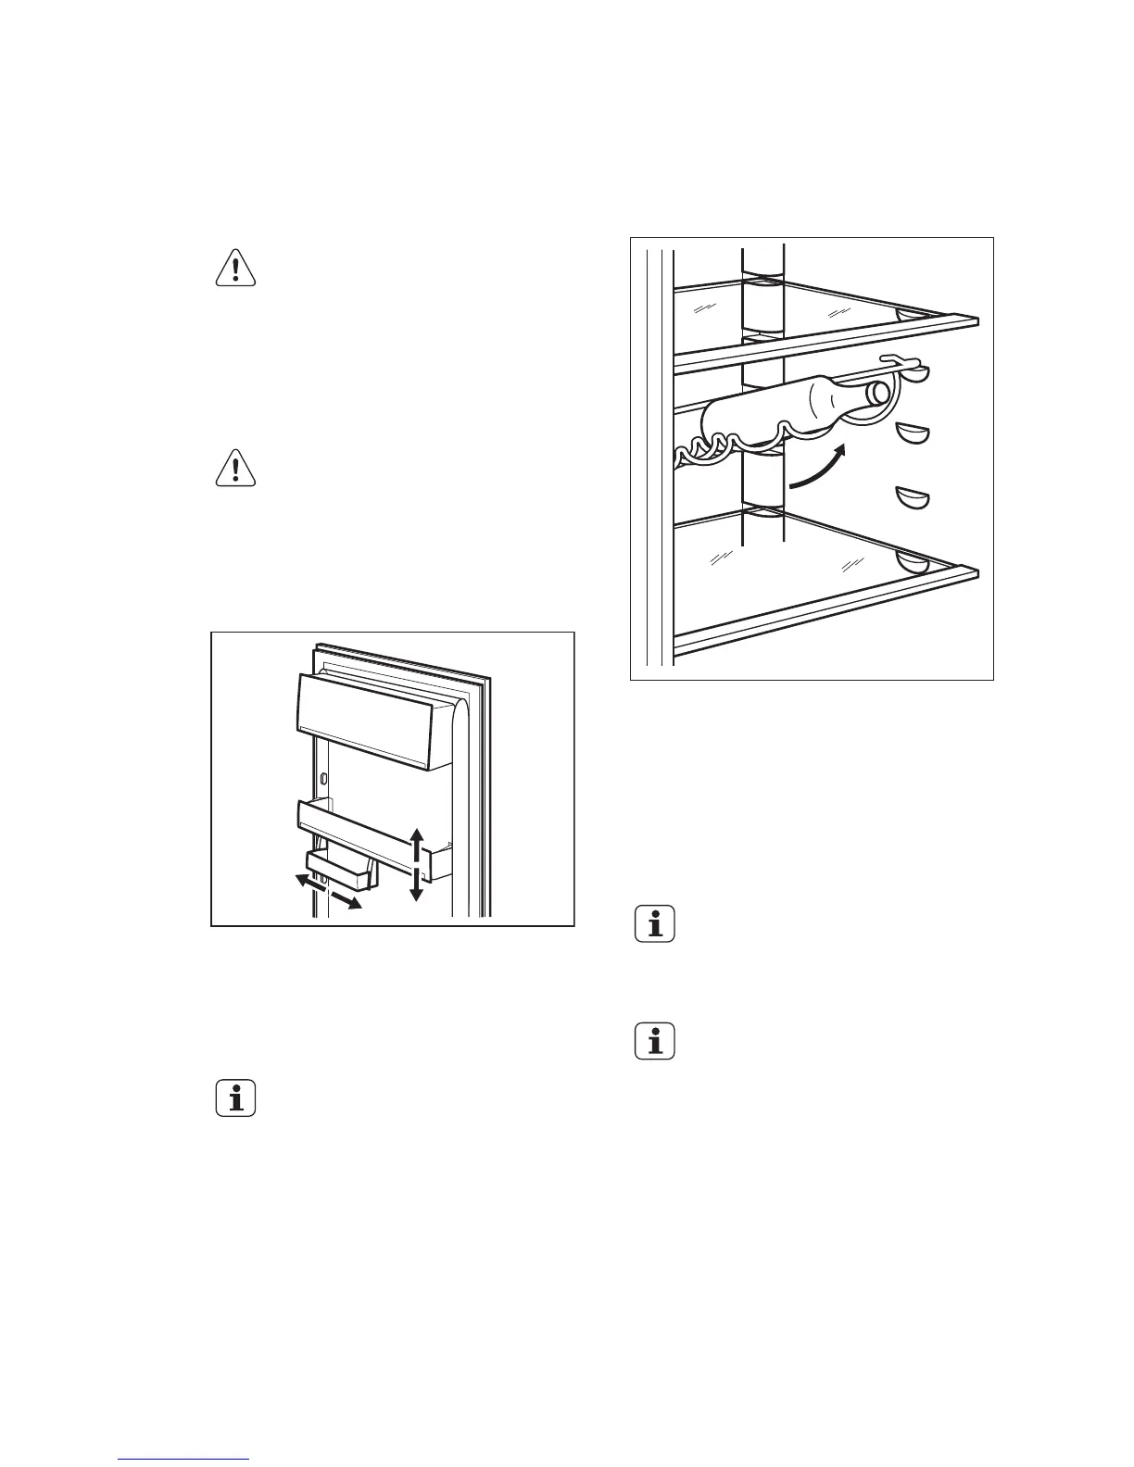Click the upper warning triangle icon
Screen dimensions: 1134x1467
point(235,267)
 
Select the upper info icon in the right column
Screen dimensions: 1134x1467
point(656,924)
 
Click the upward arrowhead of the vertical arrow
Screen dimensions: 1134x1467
point(417,835)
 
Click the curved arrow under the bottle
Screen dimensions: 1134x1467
point(819,466)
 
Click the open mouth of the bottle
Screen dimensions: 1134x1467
point(876,395)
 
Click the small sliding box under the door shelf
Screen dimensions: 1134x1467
point(340,870)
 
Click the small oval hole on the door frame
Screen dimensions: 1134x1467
point(324,775)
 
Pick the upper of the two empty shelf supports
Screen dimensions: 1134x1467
point(912,433)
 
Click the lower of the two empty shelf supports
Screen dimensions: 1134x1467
point(912,498)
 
